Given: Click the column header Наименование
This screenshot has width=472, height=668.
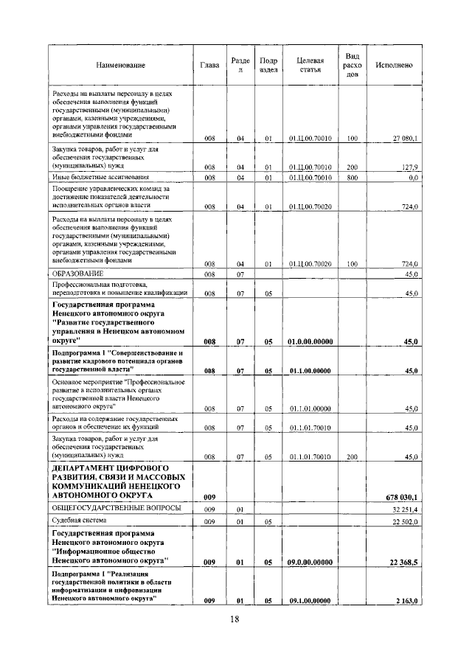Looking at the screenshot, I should (x=120, y=66).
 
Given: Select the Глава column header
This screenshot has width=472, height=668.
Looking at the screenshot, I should (x=209, y=66).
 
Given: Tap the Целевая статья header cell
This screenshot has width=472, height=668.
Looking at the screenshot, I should (x=310, y=66).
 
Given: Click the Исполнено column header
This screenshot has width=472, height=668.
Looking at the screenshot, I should (x=394, y=66).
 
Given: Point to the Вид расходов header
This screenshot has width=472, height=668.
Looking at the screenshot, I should (x=353, y=66).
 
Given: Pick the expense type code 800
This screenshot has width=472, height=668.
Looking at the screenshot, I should (x=352, y=178).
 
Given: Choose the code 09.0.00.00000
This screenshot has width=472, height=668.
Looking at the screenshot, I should (x=310, y=563).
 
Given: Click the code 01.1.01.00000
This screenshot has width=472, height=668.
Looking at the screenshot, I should (x=310, y=408).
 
